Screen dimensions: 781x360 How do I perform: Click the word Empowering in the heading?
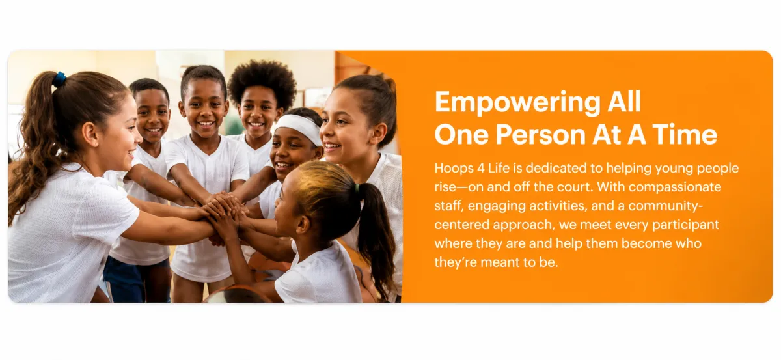tap(517, 103)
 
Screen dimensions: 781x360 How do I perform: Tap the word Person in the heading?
tap(540, 135)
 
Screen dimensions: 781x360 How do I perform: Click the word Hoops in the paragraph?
tap(454, 168)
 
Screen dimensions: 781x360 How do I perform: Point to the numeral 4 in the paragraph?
tap(481, 168)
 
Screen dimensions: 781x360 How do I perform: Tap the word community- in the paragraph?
tap(666, 206)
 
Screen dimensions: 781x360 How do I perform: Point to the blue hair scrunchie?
tap(59, 79)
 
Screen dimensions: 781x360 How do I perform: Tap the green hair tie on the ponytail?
tap(357, 188)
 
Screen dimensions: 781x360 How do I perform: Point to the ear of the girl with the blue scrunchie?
tap(90, 134)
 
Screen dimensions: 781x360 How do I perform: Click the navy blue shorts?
tap(136, 279)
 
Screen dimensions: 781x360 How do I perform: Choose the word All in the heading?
tap(624, 103)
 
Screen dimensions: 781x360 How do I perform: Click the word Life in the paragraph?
tap(499, 168)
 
